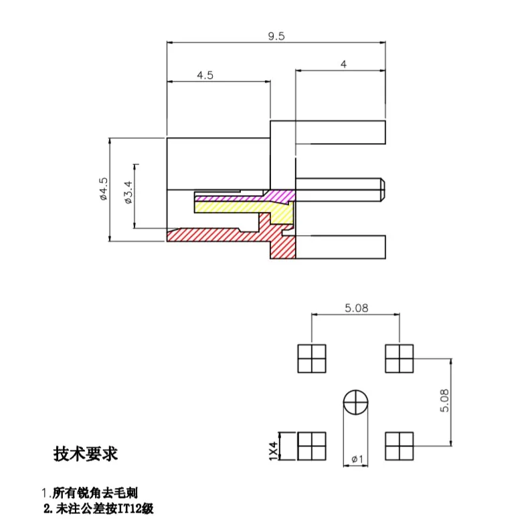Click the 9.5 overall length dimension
pyautogui.click(x=276, y=37)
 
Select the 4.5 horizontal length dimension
pyautogui.click(x=205, y=76)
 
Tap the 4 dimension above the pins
pyautogui.click(x=343, y=64)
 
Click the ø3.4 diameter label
pyautogui.click(x=128, y=194)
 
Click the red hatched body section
pyautogui.click(x=221, y=235)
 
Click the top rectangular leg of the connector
pyautogui.click(x=328, y=132)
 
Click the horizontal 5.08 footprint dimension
pyautogui.click(x=355, y=309)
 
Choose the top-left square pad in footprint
pyautogui.click(x=312, y=359)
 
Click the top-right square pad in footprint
pyautogui.click(x=400, y=359)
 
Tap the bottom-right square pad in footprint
pyautogui.click(x=400, y=446)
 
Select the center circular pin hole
pyautogui.click(x=355, y=403)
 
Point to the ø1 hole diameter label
pyautogui.click(x=357, y=459)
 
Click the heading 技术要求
pyautogui.click(x=86, y=454)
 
